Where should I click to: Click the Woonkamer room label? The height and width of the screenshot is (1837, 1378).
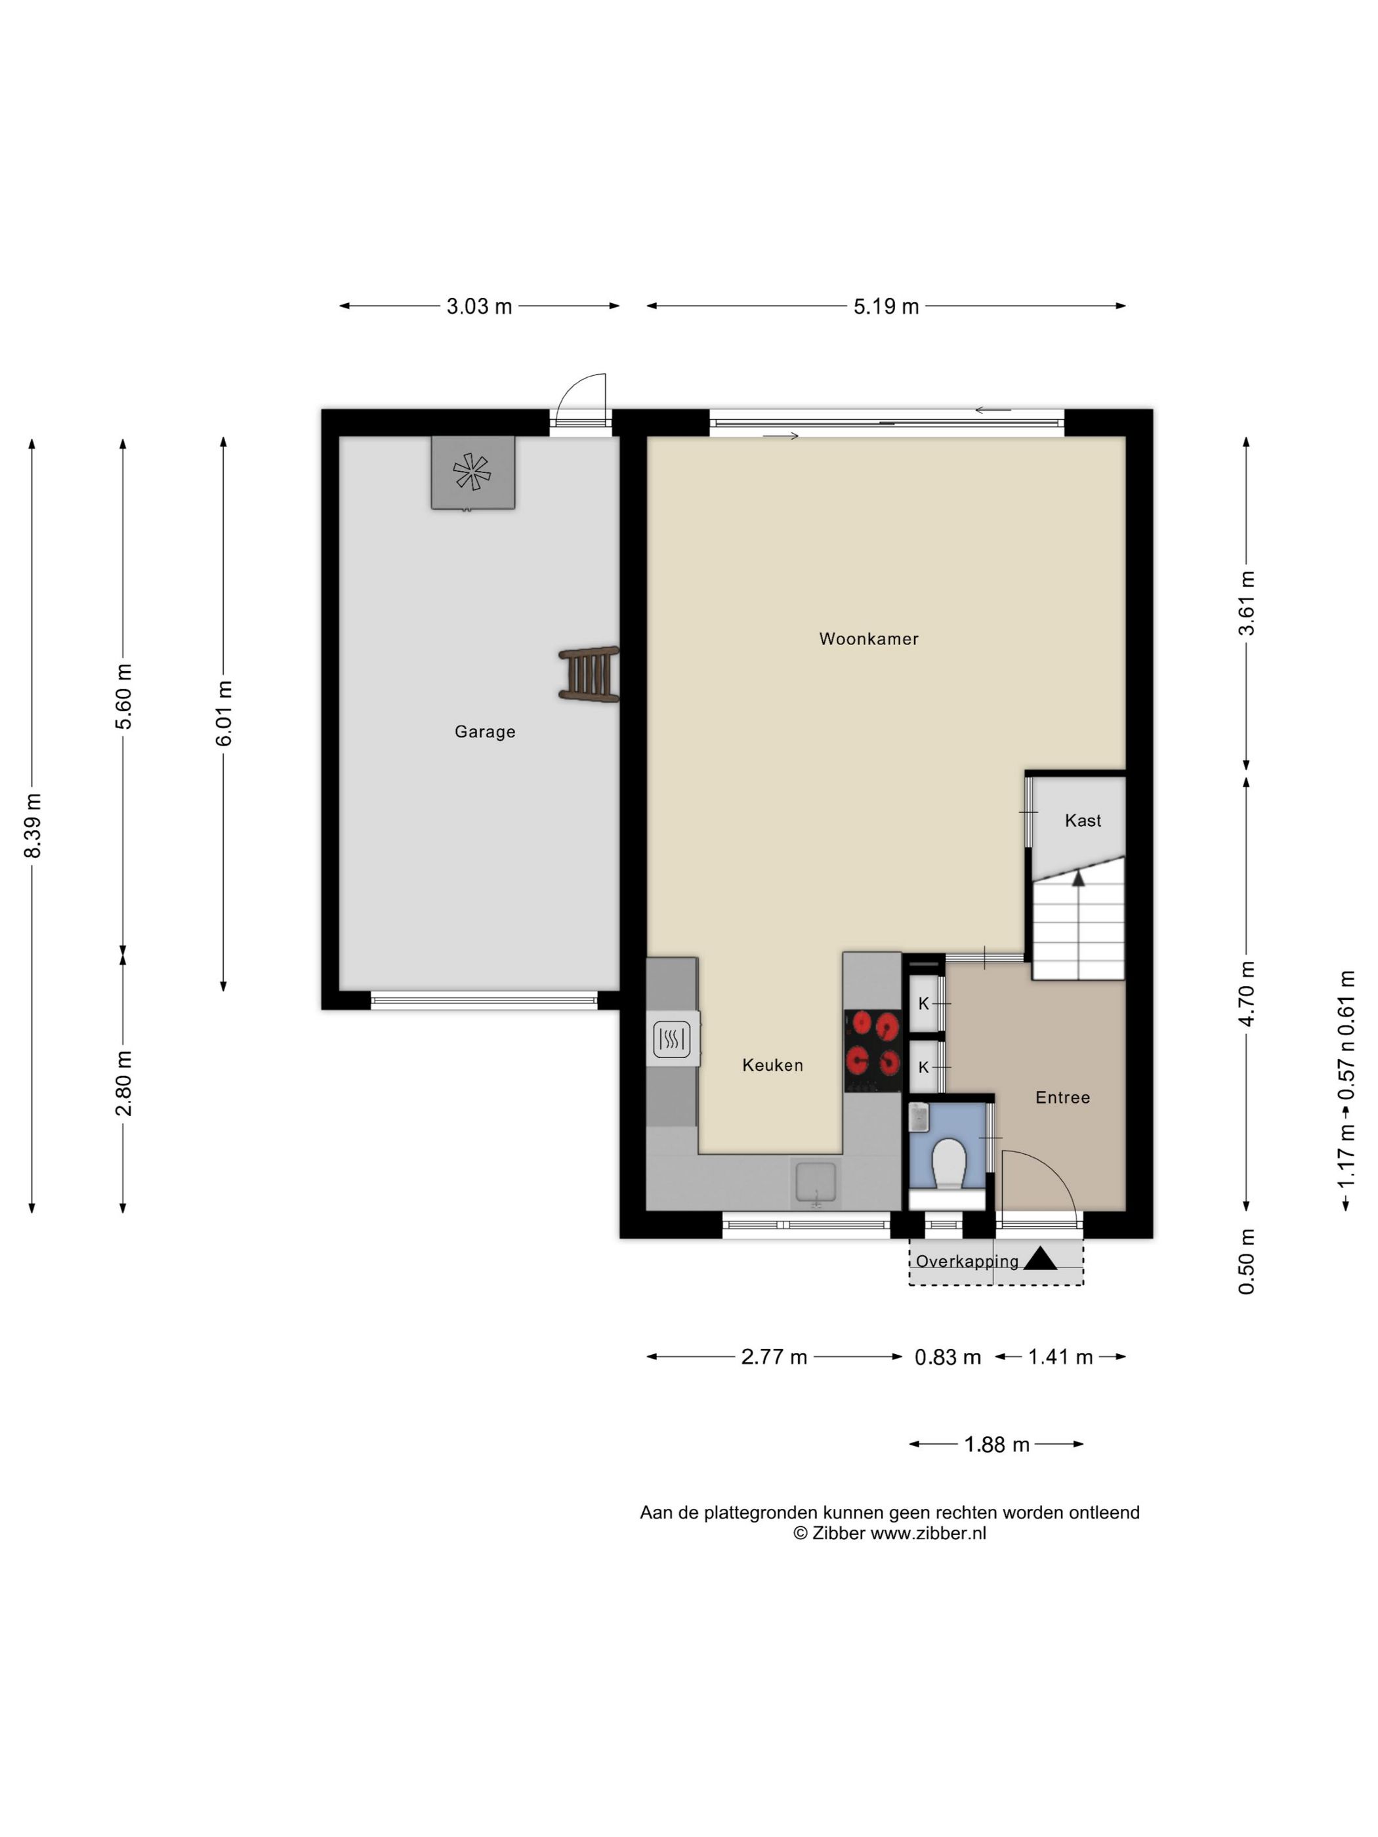point(868,638)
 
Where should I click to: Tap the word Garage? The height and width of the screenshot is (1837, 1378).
point(485,732)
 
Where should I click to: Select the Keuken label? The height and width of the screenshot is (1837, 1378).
point(772,1065)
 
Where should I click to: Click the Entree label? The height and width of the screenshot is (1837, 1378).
point(1062,1097)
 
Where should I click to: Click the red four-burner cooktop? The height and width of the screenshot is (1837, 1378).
point(872,1050)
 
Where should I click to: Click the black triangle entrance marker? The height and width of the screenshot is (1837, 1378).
point(1040,1258)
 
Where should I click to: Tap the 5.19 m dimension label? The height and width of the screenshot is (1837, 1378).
point(885,306)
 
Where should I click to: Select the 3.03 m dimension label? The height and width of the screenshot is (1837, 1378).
point(479,306)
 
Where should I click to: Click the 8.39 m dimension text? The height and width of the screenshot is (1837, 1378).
point(32,825)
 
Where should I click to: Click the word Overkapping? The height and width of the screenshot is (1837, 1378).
point(967,1262)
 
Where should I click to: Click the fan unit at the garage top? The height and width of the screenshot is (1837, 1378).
point(472,472)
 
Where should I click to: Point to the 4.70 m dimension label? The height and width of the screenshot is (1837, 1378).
point(1246,993)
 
